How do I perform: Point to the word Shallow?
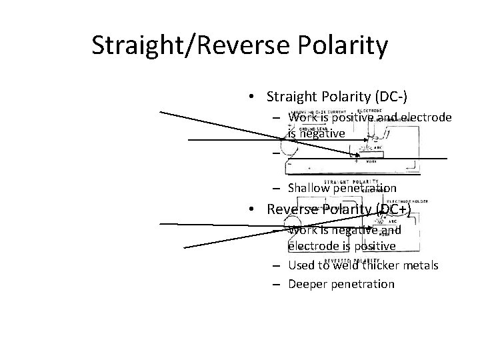tap(310, 189)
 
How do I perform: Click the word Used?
tap(301, 265)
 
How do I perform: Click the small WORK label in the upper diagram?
tap(371, 161)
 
